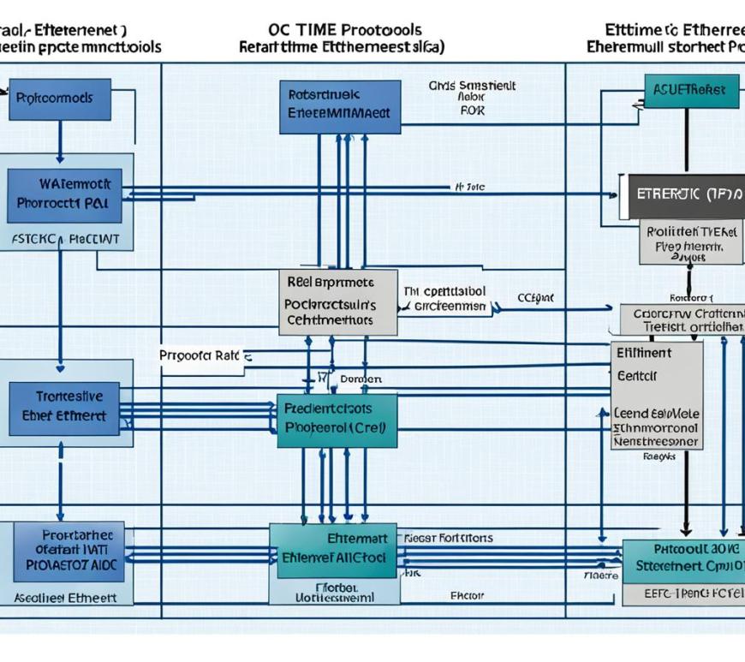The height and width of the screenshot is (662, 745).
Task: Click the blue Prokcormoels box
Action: (59, 98)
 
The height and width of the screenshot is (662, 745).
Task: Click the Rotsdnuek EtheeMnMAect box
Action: (340, 107)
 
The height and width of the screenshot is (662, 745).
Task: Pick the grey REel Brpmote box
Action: (337, 301)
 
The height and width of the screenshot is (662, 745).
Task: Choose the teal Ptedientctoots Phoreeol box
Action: (337, 420)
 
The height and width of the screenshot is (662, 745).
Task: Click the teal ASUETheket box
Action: (691, 90)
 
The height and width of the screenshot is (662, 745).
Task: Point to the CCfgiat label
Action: (536, 298)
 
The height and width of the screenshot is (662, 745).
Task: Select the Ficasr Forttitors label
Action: (447, 538)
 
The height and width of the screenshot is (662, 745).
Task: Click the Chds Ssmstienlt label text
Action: (472, 86)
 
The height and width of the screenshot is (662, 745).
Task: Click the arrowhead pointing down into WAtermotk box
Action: (60, 158)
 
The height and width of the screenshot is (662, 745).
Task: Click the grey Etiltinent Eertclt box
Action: (657, 396)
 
